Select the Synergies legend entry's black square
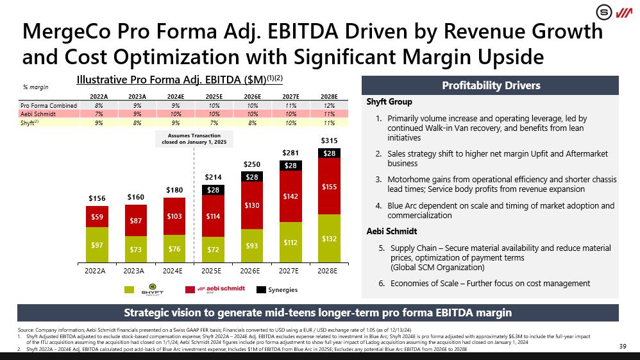[261, 290]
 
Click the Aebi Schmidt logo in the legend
[215, 290]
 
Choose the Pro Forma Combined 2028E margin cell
[329, 105]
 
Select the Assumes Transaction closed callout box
[193, 139]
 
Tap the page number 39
[621, 347]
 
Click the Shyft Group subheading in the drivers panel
[389, 101]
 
